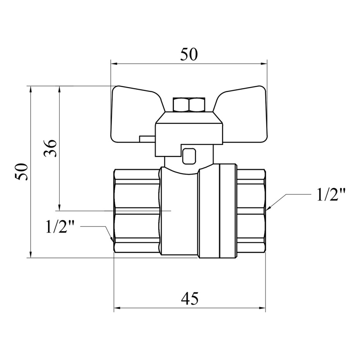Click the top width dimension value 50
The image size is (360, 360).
[189, 55]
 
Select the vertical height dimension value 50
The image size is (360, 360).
[21, 172]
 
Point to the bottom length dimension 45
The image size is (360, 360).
[189, 299]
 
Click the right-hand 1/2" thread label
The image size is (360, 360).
[331, 195]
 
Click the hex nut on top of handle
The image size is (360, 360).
[189, 105]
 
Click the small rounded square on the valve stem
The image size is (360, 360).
[189, 156]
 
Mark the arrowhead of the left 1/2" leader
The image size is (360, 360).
[112, 240]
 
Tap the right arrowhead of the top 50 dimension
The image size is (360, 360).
[264, 63]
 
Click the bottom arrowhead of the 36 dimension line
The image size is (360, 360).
[60, 207]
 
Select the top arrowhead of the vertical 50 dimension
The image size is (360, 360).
[31, 89]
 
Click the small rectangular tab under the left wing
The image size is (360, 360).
[147, 139]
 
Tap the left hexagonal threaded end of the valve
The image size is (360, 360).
[137, 211]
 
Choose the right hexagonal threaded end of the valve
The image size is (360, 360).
[251, 211]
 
